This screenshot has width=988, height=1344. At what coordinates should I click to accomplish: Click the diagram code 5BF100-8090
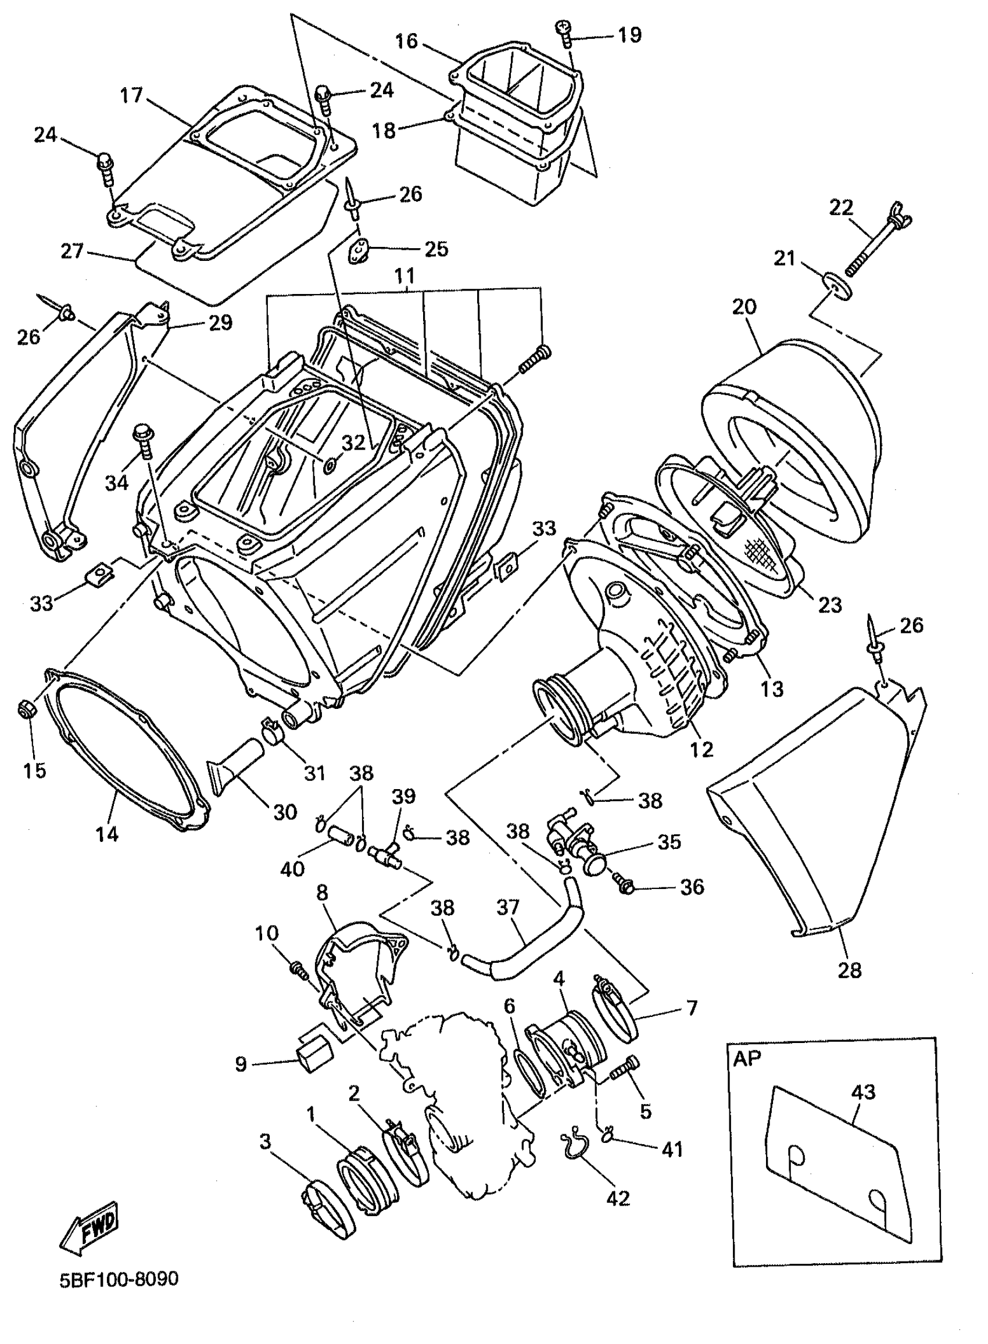tap(119, 1280)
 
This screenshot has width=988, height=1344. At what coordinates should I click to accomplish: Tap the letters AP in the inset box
tap(747, 1058)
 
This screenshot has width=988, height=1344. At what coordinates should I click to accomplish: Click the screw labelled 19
tap(564, 33)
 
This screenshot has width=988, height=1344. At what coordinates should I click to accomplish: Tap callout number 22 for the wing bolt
tap(841, 208)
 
